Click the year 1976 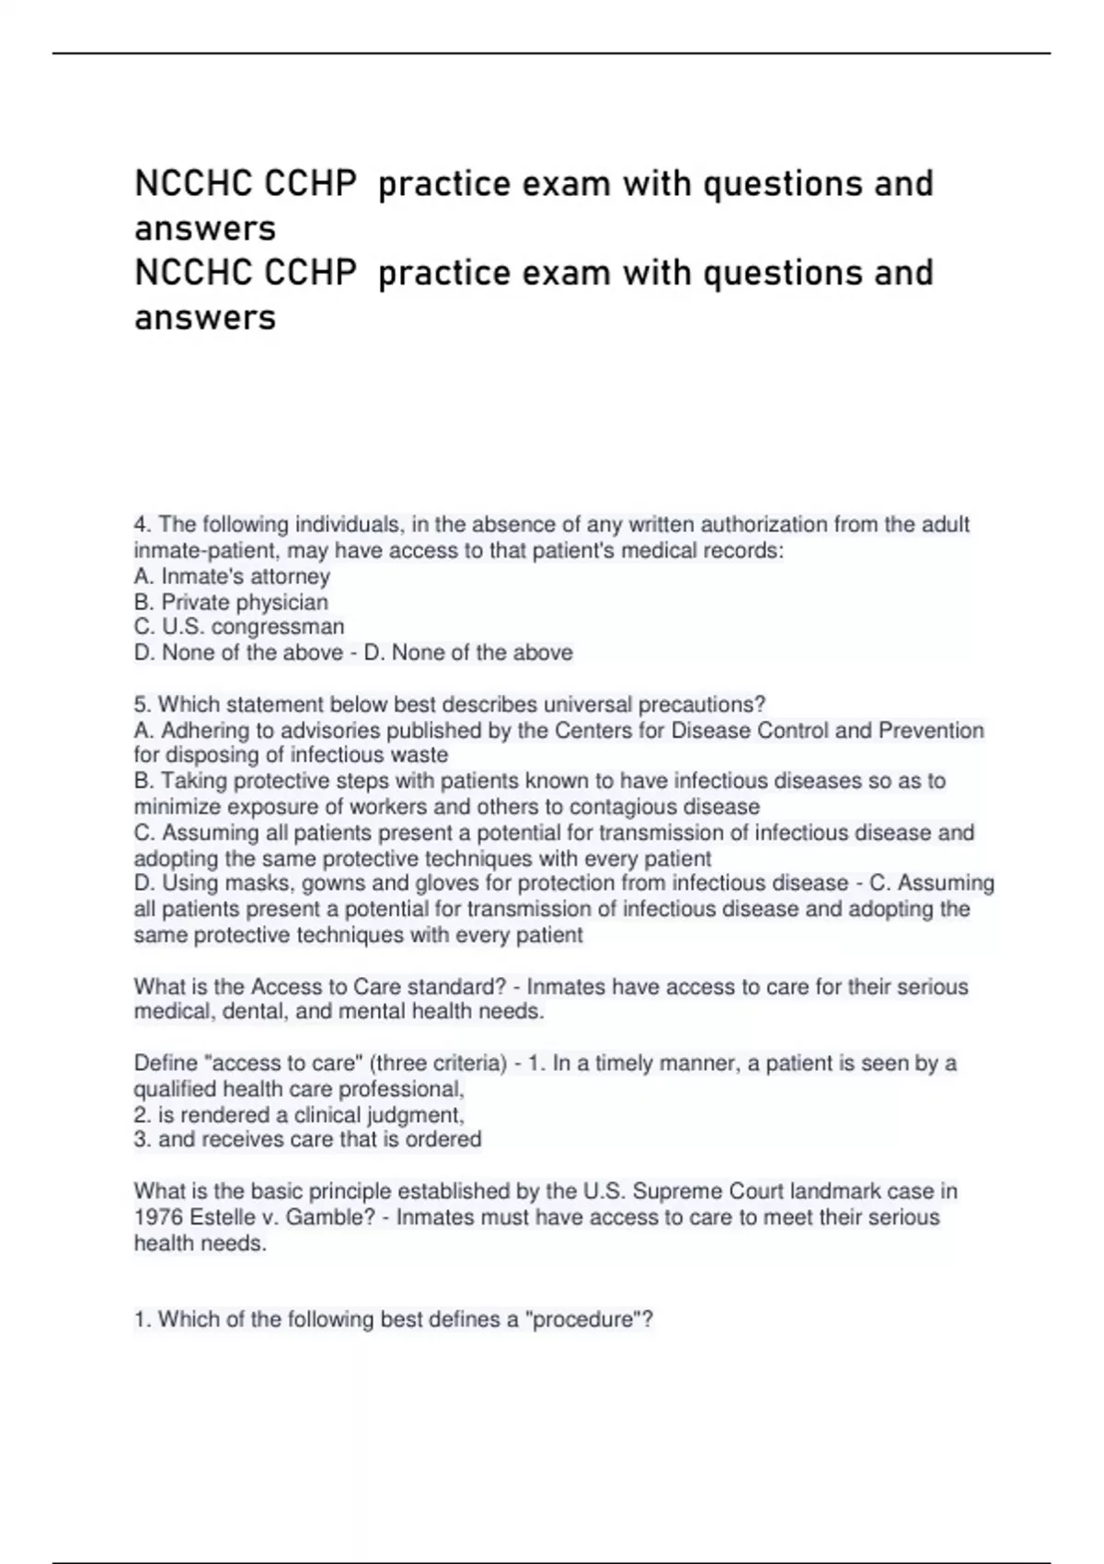click(x=157, y=1218)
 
